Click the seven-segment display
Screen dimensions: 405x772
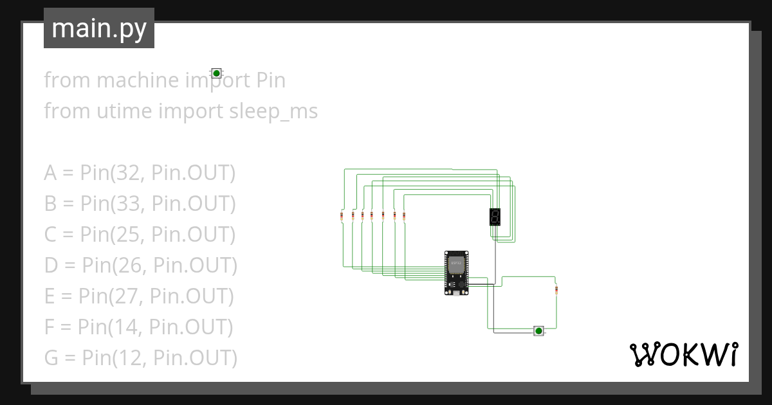coord(495,217)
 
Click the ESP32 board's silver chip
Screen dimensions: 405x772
coord(456,263)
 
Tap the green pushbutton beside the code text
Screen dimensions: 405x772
coord(217,73)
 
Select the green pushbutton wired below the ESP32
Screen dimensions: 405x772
coord(538,331)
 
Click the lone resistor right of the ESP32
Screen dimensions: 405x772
coord(556,291)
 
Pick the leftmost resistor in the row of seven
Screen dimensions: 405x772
coord(342,216)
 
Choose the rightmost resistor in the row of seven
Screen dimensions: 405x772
coord(403,216)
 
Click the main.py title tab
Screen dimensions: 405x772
coord(99,28)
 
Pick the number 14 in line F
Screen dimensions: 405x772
coord(119,327)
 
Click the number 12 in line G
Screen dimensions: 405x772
coord(124,358)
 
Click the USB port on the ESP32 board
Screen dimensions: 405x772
coord(456,292)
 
